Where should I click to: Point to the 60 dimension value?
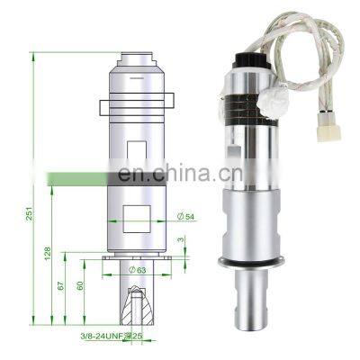[x=80, y=286]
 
